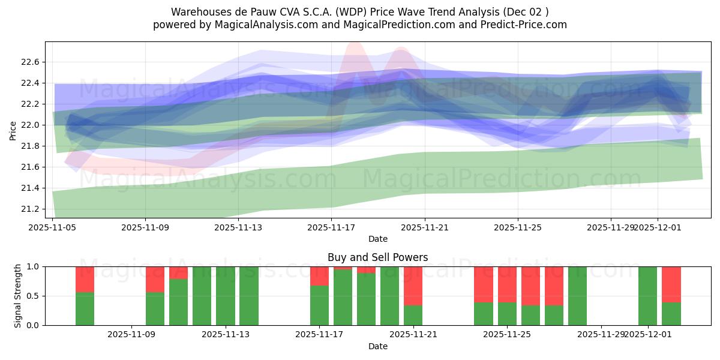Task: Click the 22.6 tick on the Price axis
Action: [30, 62]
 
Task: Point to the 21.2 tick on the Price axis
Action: [30, 209]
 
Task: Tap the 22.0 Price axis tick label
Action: [30, 125]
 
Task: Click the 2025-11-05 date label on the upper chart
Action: [53, 227]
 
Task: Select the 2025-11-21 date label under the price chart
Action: [425, 227]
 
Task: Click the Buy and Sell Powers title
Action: [377, 257]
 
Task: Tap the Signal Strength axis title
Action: [18, 296]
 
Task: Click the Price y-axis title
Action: [13, 130]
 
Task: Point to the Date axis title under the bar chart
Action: [377, 346]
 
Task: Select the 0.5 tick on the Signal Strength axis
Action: [33, 296]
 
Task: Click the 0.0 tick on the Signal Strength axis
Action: [33, 325]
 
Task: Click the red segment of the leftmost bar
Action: [85, 279]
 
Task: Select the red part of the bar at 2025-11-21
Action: [413, 286]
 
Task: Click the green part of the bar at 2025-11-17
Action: [319, 305]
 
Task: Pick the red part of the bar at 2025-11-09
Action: [155, 279]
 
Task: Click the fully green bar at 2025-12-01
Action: [647, 296]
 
